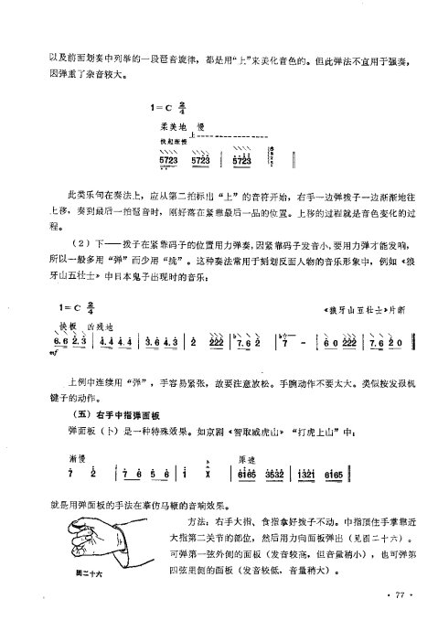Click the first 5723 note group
[x=169, y=161]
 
